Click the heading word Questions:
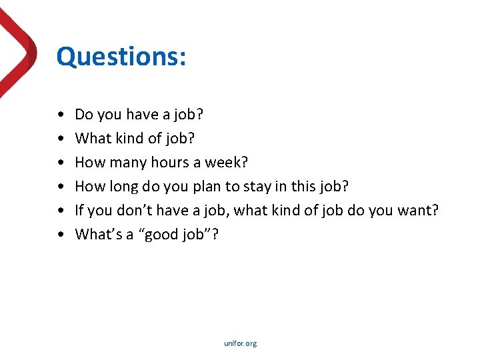[x=121, y=57]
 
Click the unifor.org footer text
[x=240, y=344]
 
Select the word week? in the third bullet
[x=226, y=163]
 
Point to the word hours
[x=170, y=163]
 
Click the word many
[x=129, y=163]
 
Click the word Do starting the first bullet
[x=84, y=115]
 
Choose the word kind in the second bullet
[x=125, y=139]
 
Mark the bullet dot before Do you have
[x=61, y=115]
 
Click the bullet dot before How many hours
[x=61, y=163]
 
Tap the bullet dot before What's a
[x=61, y=235]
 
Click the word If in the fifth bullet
[x=79, y=211]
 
